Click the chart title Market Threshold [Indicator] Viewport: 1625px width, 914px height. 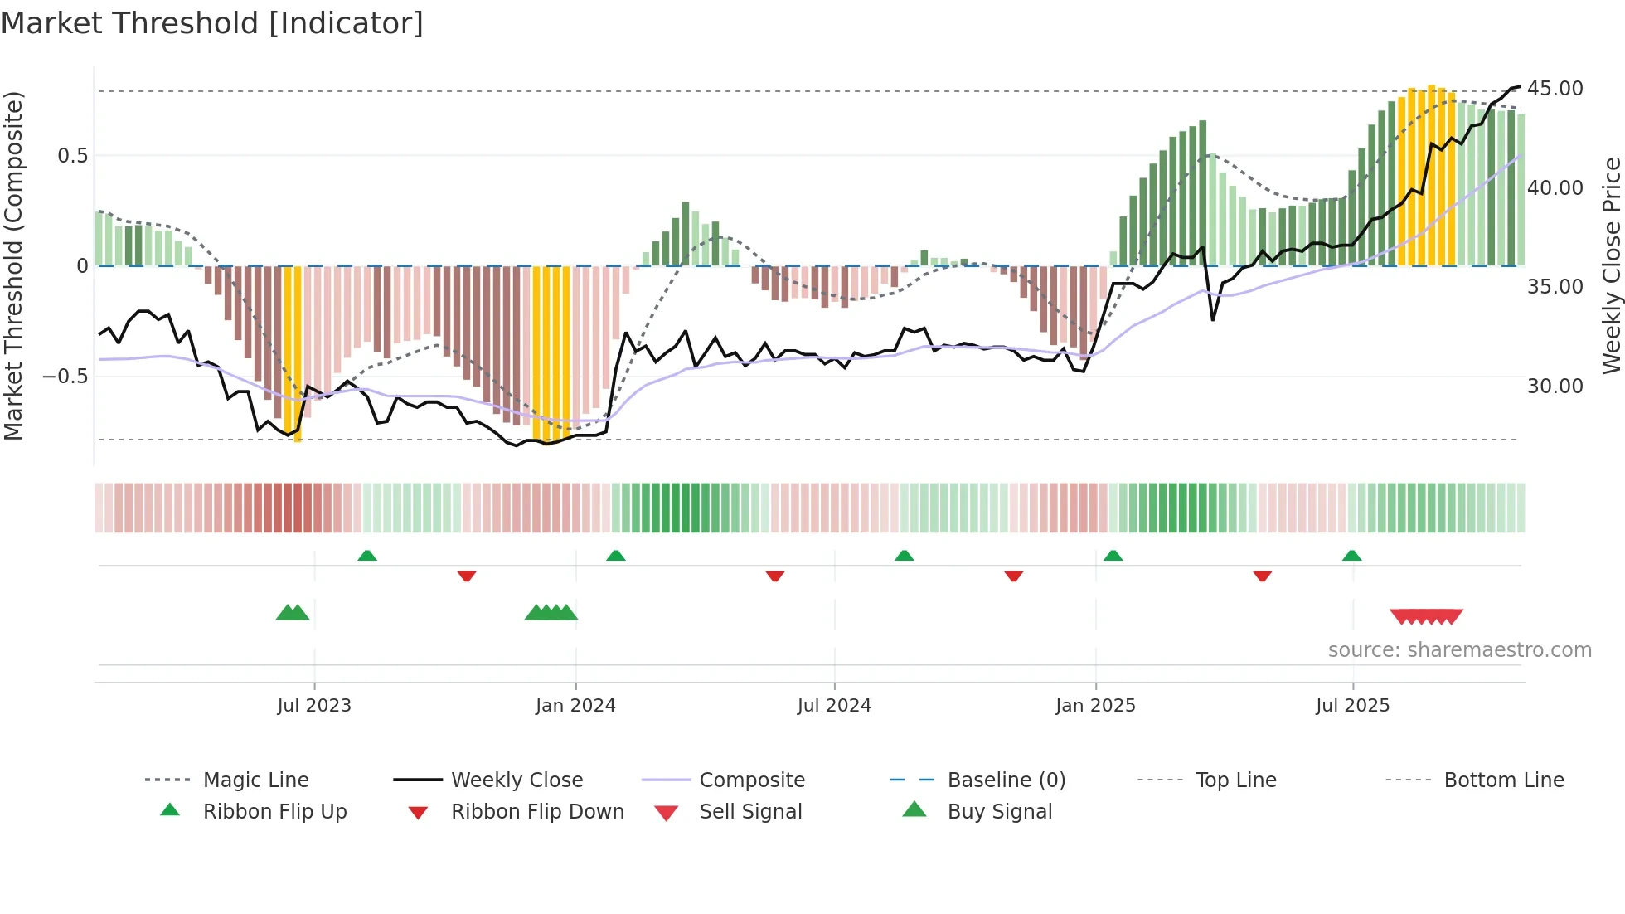click(x=212, y=23)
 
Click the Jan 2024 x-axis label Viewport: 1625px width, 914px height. click(x=575, y=706)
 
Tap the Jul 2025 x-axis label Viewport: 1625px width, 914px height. click(x=1352, y=706)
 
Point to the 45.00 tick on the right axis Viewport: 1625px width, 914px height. click(x=1555, y=89)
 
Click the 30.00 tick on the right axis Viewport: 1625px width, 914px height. click(x=1555, y=387)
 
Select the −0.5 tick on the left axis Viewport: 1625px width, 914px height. click(x=65, y=377)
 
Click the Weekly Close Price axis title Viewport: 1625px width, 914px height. click(x=1611, y=265)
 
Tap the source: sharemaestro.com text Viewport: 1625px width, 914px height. click(x=1459, y=650)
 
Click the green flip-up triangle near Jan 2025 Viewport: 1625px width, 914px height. click(x=1113, y=556)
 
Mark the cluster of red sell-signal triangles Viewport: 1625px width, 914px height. click(x=1426, y=616)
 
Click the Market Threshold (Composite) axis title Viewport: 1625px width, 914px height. click(x=13, y=265)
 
